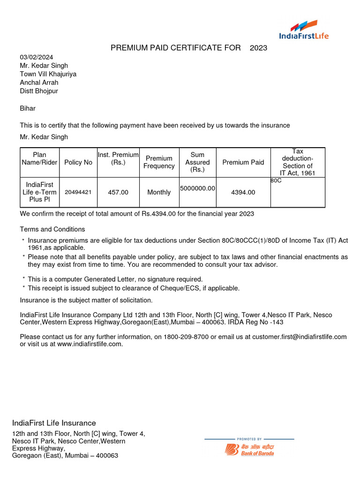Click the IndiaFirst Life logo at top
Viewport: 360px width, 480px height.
click(304, 30)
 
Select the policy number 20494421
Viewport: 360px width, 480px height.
click(78, 192)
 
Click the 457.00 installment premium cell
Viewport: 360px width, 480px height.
click(118, 192)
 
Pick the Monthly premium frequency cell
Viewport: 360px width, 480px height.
click(159, 192)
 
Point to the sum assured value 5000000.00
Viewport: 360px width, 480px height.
click(197, 188)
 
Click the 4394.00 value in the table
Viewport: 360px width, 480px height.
click(243, 192)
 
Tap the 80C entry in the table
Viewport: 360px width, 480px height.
click(276, 180)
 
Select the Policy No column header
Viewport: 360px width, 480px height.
click(78, 162)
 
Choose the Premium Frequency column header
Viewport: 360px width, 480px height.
click(159, 162)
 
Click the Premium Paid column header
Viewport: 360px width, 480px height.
click(243, 162)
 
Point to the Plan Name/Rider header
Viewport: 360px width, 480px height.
click(40, 158)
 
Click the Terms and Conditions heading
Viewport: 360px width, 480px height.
click(52, 229)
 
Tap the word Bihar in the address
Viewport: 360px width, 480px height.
click(28, 108)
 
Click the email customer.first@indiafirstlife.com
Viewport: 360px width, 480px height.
click(300, 337)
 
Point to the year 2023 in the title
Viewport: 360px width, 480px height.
click(258, 48)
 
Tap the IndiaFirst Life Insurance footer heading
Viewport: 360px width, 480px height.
click(54, 423)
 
